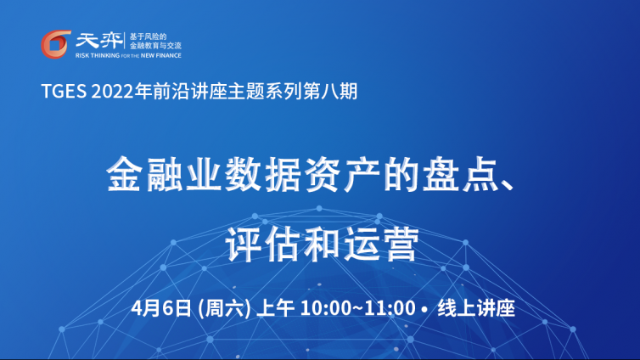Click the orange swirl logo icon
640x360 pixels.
[x=56, y=44]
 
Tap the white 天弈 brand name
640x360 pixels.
[x=98, y=42]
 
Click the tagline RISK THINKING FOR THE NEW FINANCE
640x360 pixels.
[x=128, y=55]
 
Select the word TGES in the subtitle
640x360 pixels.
[x=64, y=91]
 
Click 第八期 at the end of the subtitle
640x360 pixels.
[x=330, y=91]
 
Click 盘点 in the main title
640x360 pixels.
[x=461, y=174]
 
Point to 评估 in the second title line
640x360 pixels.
[x=263, y=245]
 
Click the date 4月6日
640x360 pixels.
[x=161, y=308]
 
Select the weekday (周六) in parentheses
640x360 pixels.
[x=224, y=308]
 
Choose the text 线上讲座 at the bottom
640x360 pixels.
[x=476, y=308]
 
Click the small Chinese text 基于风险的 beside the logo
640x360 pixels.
[x=148, y=37]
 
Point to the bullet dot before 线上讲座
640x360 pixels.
[x=426, y=309]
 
